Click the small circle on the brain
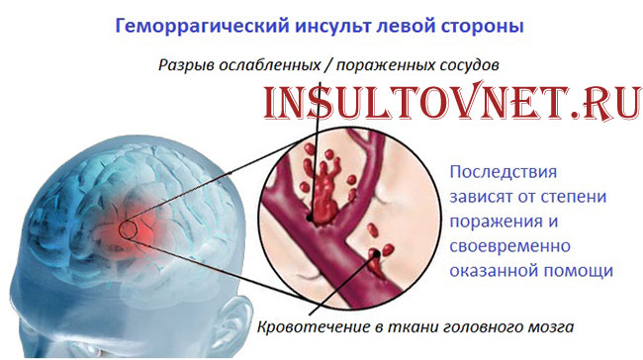tap(129, 231)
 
